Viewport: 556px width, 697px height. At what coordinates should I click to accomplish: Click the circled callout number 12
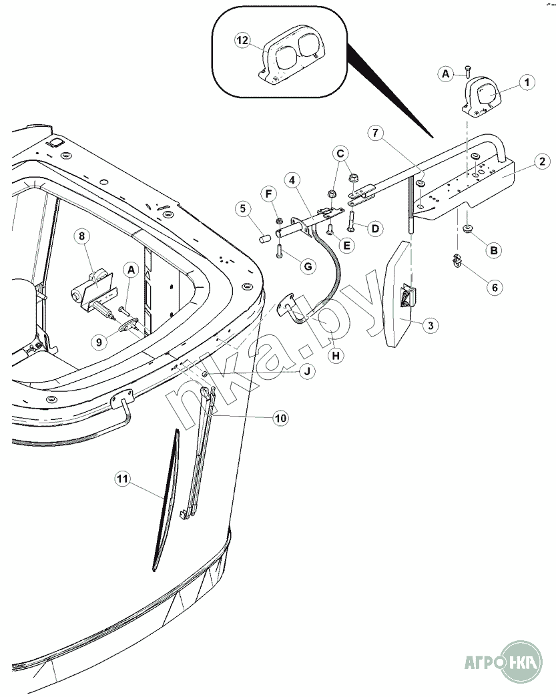(x=242, y=41)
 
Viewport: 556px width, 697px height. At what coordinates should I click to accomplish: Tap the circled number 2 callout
(x=542, y=161)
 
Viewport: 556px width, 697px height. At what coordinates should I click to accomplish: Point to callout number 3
(x=431, y=325)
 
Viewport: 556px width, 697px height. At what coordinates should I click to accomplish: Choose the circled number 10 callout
(x=280, y=418)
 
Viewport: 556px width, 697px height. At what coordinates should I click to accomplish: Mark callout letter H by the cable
(x=336, y=356)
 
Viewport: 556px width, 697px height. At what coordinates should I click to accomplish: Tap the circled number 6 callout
(x=495, y=288)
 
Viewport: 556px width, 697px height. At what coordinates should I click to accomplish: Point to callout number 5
(x=243, y=208)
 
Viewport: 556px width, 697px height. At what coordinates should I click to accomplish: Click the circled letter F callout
(x=271, y=194)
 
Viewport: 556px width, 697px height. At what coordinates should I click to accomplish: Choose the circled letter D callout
(x=376, y=229)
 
